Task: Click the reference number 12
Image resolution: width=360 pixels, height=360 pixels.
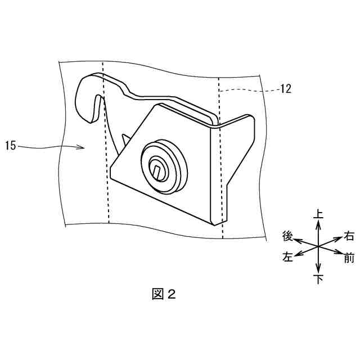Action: tap(285, 88)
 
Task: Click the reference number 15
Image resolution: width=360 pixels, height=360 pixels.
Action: tap(11, 147)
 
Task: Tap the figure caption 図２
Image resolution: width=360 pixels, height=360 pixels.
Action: tap(164, 294)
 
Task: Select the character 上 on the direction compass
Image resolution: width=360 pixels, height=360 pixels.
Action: tap(318, 214)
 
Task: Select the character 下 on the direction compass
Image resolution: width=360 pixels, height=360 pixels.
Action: tap(318, 278)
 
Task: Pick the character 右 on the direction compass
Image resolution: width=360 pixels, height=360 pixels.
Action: tap(349, 236)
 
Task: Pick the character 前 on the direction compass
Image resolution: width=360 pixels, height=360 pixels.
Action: tap(349, 259)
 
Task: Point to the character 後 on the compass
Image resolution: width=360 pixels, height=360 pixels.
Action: tap(287, 235)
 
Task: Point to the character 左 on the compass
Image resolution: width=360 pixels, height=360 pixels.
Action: tap(287, 258)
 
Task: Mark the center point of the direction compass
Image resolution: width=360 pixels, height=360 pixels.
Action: tap(318, 246)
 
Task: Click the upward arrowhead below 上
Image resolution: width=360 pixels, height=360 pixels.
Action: tap(318, 223)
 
